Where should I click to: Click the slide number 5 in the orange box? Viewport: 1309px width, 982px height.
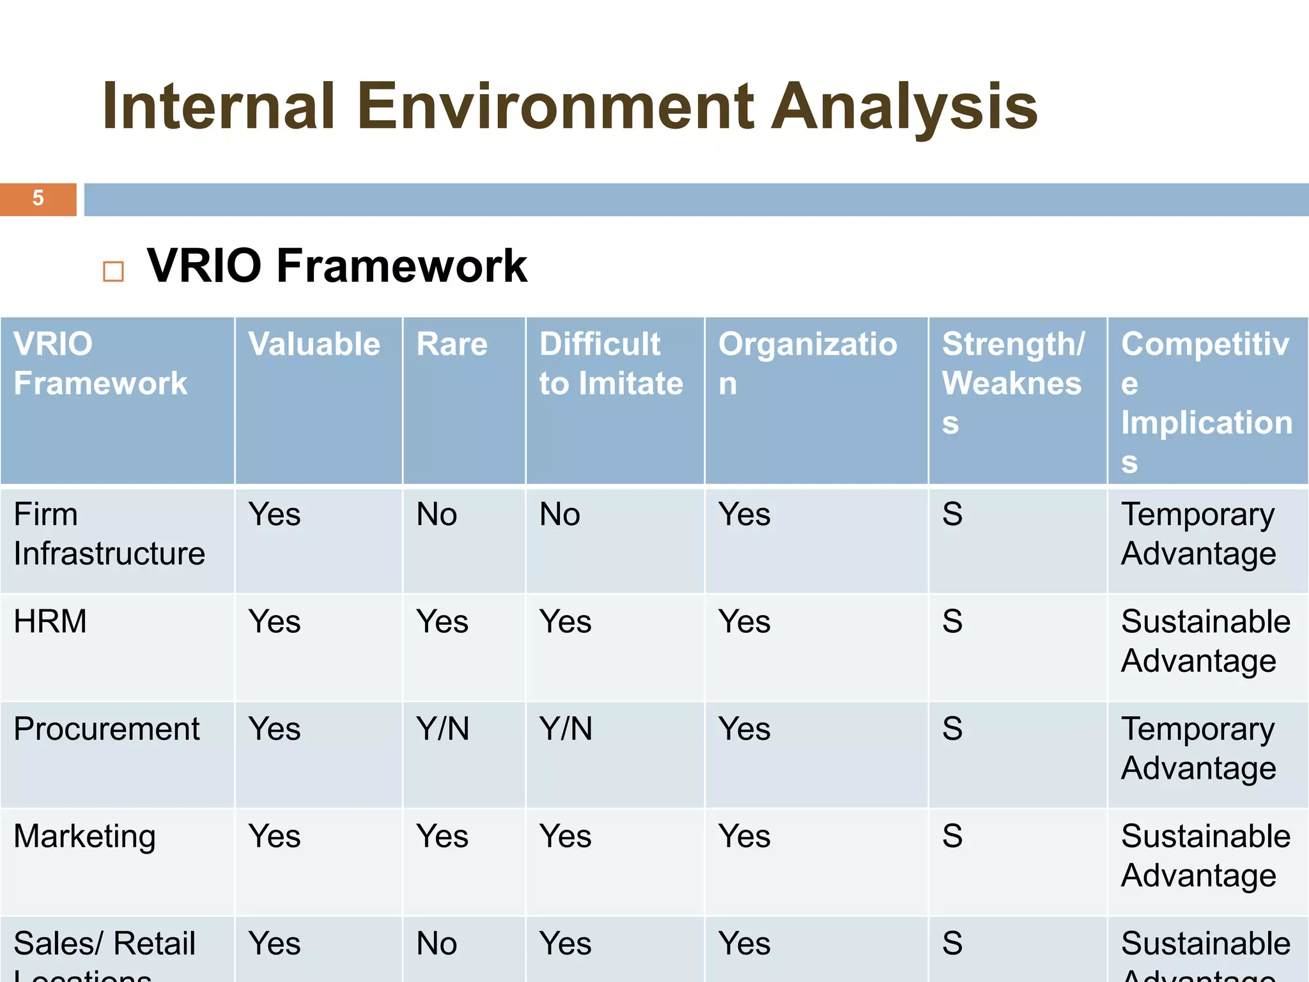tap(38, 198)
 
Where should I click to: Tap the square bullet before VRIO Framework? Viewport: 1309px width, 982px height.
tap(113, 271)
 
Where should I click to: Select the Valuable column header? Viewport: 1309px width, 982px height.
tap(314, 344)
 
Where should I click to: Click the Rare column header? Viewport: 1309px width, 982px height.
tap(452, 344)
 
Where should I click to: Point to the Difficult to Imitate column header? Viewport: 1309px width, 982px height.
tap(610, 364)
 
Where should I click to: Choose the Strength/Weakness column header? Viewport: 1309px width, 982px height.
tap(1012, 382)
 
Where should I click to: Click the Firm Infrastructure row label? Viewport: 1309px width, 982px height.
tap(109, 534)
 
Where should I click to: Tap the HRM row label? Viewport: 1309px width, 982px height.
tap(50, 621)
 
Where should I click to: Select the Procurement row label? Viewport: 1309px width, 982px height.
tap(107, 729)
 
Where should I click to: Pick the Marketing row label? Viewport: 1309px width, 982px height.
tap(85, 836)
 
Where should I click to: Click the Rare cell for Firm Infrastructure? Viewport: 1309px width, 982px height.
tap(437, 515)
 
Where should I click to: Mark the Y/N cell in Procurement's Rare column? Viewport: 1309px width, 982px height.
tap(442, 729)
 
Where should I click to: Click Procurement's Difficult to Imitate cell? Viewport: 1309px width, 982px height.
tap(566, 729)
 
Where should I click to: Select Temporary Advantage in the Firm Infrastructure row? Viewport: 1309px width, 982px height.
tap(1198, 534)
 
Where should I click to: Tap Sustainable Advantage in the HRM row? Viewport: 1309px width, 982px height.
tap(1205, 641)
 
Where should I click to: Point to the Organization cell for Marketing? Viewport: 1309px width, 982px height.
tap(744, 836)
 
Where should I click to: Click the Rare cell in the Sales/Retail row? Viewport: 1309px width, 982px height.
tap(437, 944)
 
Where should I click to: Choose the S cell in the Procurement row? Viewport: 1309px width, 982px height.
tap(952, 729)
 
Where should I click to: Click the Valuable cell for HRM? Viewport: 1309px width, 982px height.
tap(274, 621)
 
